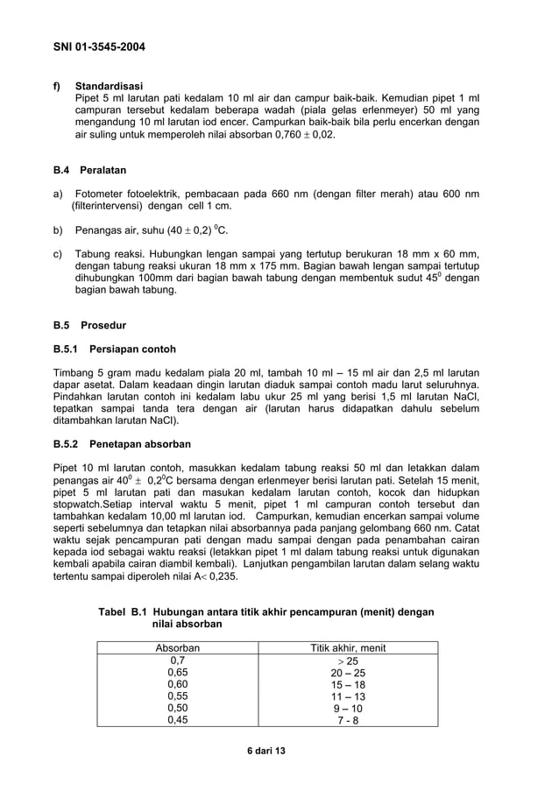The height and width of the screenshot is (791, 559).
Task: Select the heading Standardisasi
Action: pos(109,86)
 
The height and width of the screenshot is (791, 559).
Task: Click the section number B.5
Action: pos(63,323)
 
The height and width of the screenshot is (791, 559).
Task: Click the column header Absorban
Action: pos(178,648)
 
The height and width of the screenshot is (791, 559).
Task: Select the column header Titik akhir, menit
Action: pos(348,648)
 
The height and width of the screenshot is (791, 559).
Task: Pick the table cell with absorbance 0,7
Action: pos(178,660)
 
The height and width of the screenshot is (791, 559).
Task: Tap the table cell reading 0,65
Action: pos(178,673)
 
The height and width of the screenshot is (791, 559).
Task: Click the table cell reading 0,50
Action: pos(178,709)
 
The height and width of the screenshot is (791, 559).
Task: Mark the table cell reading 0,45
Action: pos(178,721)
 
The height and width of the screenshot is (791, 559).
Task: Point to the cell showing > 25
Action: pos(348,660)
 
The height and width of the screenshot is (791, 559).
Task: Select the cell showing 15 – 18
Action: pos(348,685)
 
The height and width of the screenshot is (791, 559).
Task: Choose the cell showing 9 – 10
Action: pos(348,709)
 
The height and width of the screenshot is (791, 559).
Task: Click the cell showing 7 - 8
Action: pos(348,721)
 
